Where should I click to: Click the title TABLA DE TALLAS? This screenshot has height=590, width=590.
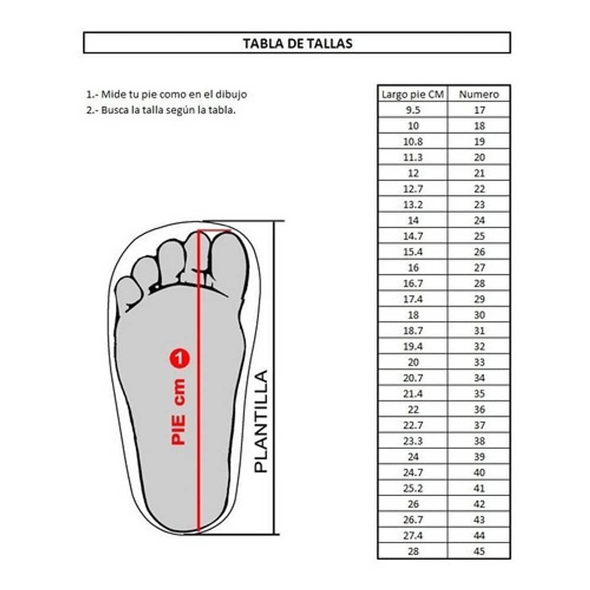coord(297,43)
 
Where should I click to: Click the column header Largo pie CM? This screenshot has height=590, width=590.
coord(412,94)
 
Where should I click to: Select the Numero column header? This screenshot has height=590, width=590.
coord(479,94)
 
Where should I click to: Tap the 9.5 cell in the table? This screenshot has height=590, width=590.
coord(412,110)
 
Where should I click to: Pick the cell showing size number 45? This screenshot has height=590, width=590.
coord(479,552)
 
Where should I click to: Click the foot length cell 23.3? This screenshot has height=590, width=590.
coord(412,441)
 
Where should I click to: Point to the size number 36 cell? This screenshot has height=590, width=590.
coord(479,409)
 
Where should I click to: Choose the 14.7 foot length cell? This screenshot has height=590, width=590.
coord(412,236)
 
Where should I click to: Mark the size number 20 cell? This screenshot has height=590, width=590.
coord(479,157)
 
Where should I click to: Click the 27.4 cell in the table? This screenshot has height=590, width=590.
coord(412,536)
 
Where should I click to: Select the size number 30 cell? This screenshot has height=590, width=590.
coord(479,315)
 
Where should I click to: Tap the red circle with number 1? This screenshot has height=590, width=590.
coord(179,358)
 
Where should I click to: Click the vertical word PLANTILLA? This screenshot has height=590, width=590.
coord(261,421)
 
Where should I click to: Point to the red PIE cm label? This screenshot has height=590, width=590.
coord(179,411)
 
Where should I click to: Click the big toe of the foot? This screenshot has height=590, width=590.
coord(229,260)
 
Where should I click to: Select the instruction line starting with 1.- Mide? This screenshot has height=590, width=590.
coord(166,94)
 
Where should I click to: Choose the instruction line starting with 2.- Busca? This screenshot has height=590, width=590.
coord(160,109)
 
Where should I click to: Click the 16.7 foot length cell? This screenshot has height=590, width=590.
coord(412,283)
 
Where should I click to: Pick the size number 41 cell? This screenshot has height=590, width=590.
coord(479,489)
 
